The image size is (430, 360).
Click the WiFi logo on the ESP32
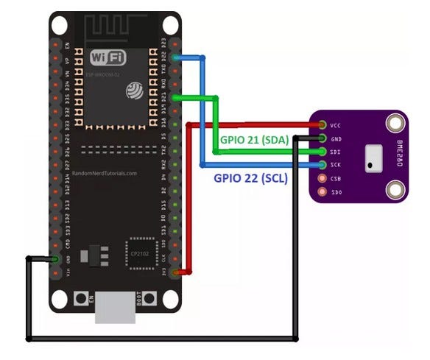point(107,57)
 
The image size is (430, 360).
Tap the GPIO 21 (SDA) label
point(253,139)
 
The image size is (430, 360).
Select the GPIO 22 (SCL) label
point(250,177)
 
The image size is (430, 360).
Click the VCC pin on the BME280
point(322,125)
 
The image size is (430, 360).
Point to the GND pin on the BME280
point(322,138)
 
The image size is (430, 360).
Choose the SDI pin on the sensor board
point(322,152)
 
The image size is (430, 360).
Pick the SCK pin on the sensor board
point(322,165)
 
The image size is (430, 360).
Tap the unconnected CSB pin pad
point(322,178)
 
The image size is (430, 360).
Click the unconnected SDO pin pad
point(322,191)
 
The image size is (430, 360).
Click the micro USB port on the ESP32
point(115,306)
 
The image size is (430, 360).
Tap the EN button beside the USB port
point(82,299)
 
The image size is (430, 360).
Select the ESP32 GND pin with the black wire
point(56,258)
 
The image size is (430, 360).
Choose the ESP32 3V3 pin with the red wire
point(175,272)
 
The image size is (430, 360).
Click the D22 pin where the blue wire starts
point(175,57)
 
